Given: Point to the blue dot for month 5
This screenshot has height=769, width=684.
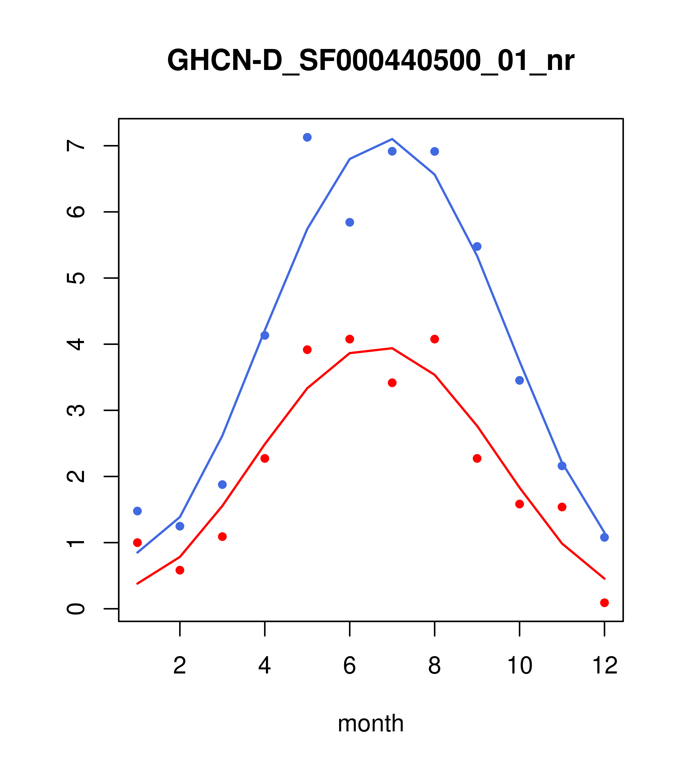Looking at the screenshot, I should tap(307, 137).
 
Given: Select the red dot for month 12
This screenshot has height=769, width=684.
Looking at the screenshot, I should tap(604, 603).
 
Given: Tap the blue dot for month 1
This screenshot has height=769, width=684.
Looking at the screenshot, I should tap(137, 511).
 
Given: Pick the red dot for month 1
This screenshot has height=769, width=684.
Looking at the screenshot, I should tap(137, 542).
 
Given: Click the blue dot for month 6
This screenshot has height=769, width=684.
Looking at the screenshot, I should tap(350, 222).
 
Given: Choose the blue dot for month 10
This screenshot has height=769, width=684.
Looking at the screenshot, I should tap(519, 380).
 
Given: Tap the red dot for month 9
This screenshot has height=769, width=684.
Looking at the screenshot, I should tap(477, 458).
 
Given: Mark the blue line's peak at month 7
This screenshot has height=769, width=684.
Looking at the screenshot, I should tap(392, 139).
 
